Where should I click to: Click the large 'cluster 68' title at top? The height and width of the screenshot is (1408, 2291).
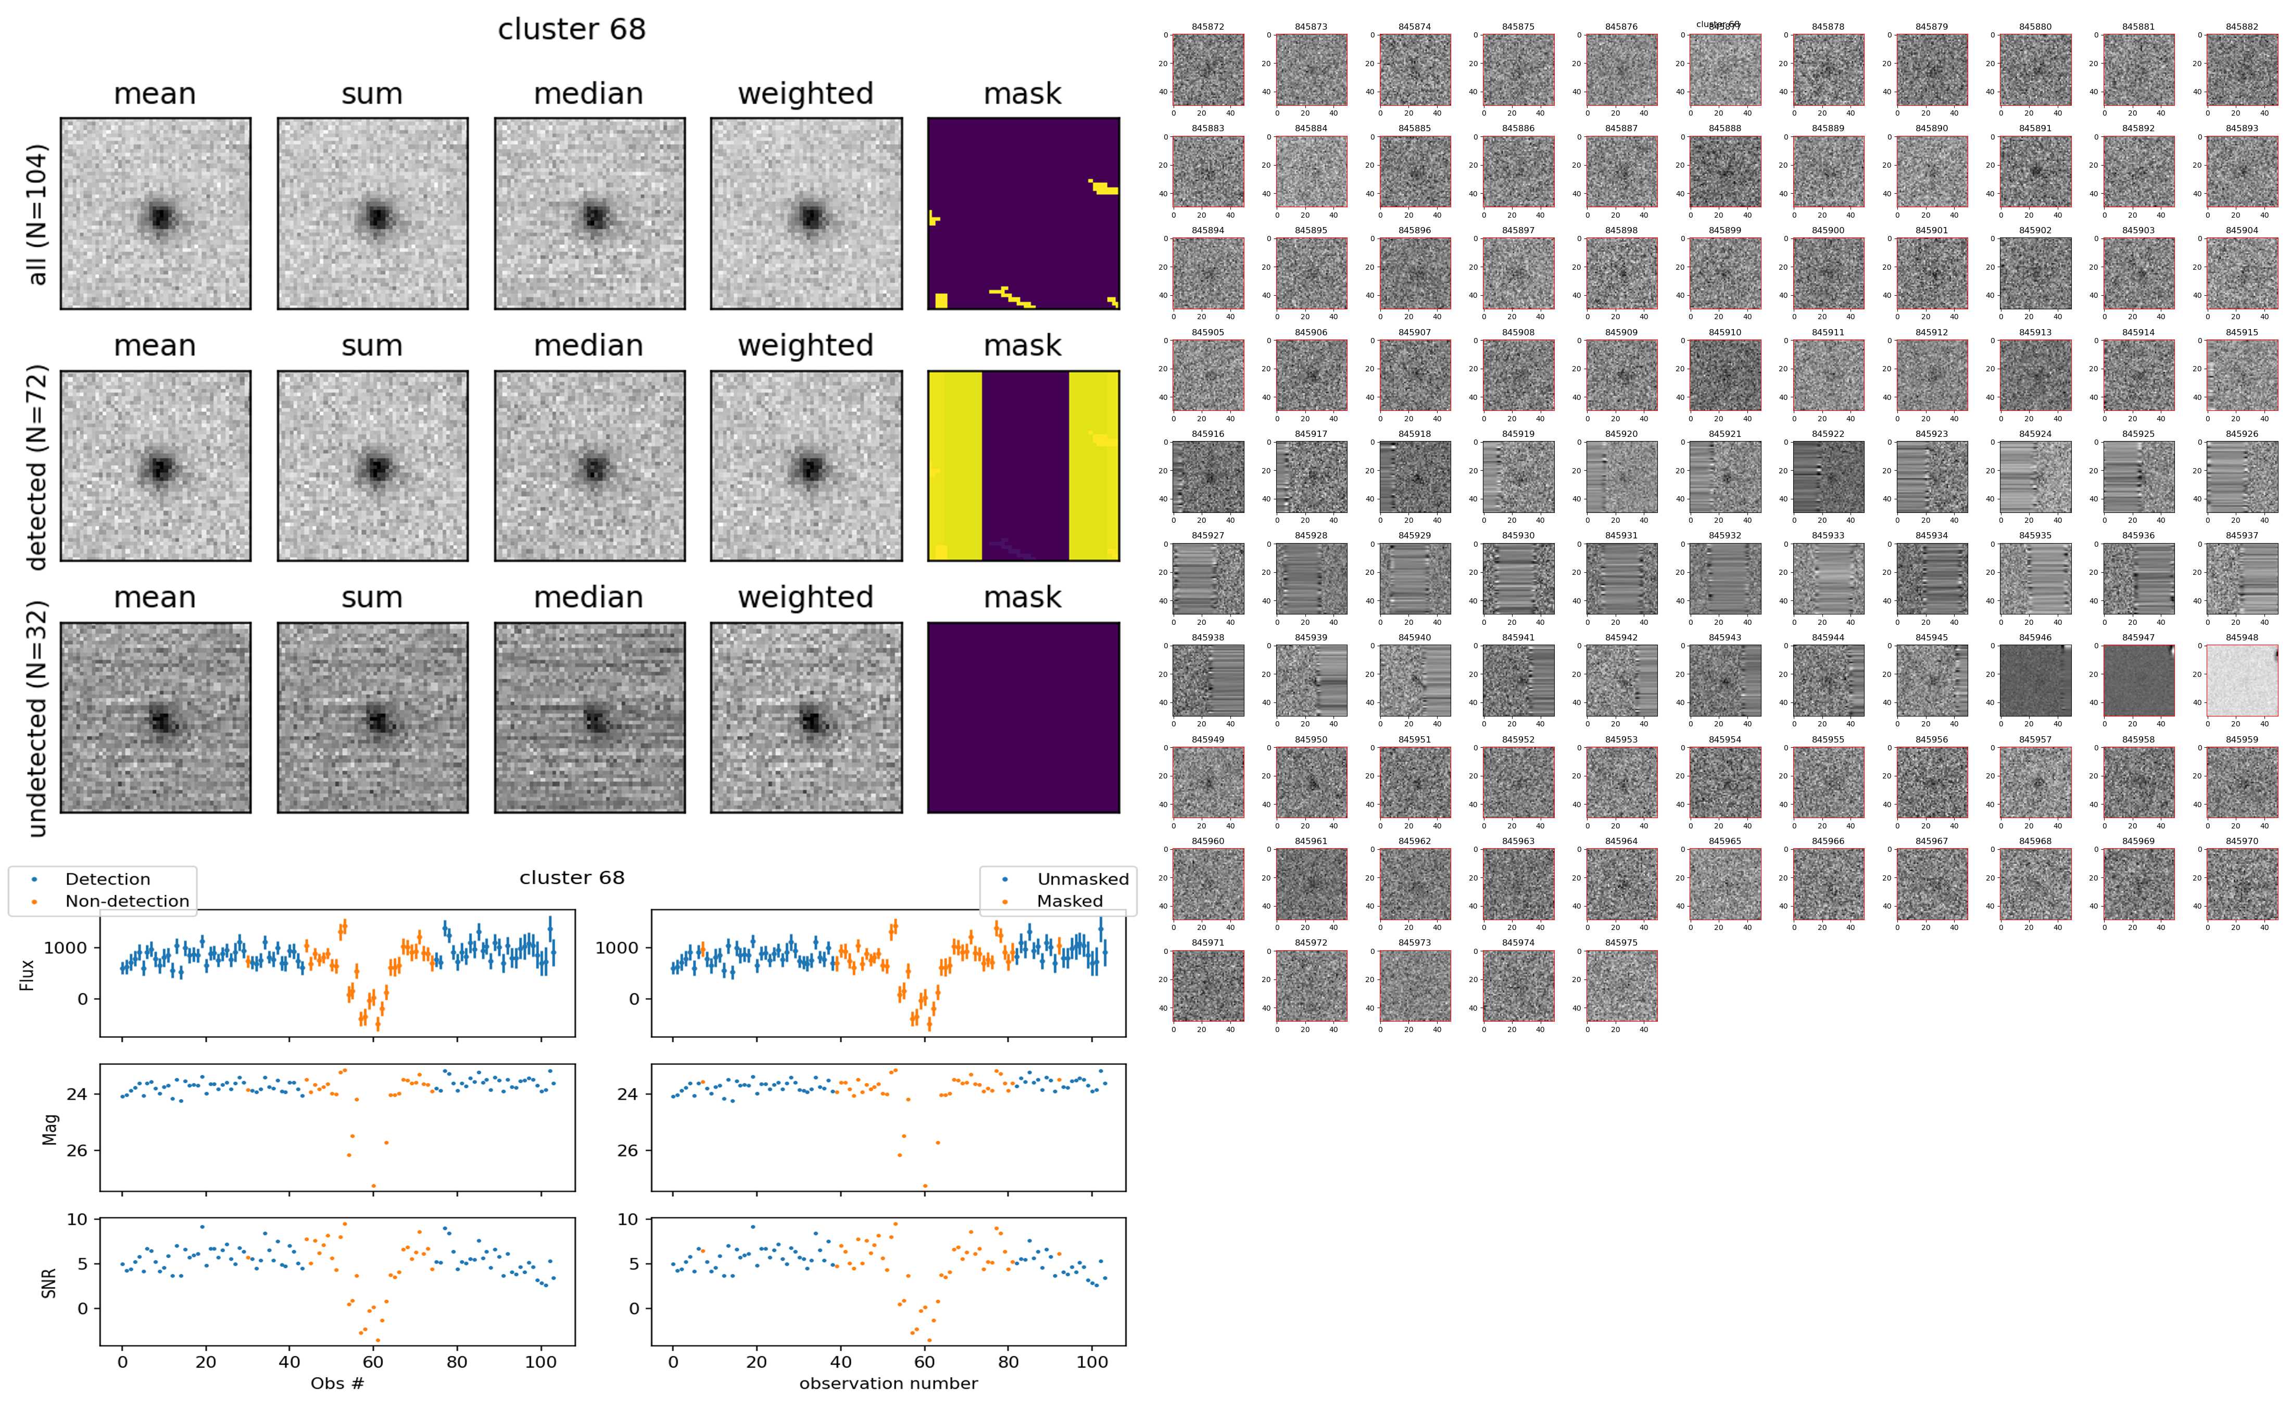coord(572,30)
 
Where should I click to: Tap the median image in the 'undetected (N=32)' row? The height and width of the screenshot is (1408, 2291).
coord(589,717)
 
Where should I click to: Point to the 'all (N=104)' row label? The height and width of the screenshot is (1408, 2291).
coord(37,214)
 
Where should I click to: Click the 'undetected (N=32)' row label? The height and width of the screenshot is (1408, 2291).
coord(37,718)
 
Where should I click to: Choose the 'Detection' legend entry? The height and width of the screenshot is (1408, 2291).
coord(107,879)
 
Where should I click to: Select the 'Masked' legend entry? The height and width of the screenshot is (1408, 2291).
coord(1069,901)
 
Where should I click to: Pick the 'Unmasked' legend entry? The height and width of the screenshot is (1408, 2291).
coord(1082,879)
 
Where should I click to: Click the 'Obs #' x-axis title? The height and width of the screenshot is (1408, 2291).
coord(337,1384)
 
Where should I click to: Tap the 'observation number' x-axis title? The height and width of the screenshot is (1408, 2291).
coord(888,1384)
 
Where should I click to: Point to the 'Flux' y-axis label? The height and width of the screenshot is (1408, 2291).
coord(28,974)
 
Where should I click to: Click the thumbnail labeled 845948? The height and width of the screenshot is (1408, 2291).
coord(2242,681)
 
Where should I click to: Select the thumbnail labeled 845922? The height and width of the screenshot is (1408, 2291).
coord(1828,477)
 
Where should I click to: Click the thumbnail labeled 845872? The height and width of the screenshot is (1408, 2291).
coord(1209,70)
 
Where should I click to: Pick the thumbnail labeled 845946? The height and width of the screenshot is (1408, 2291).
coord(2035,681)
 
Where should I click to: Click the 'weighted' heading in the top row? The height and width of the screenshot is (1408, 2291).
coord(805,94)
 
